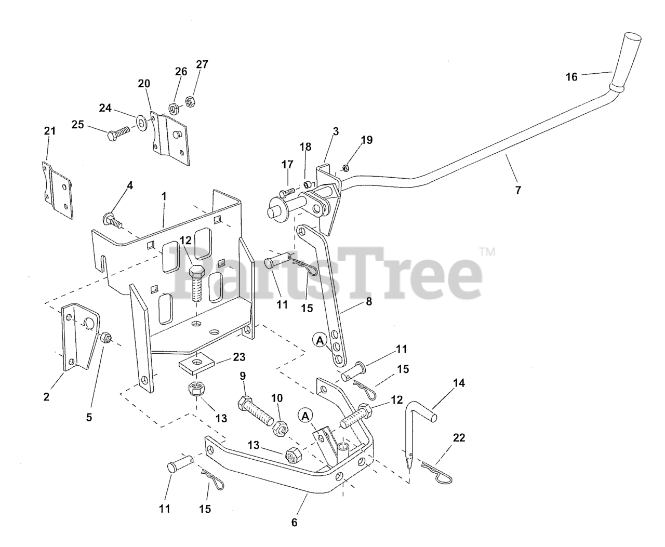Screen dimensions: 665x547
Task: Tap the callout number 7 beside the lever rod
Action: point(518,190)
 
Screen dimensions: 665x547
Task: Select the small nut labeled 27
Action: point(190,101)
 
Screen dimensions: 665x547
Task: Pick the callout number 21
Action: point(49,131)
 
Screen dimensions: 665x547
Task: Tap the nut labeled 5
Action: point(106,339)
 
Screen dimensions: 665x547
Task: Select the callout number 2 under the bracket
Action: point(46,397)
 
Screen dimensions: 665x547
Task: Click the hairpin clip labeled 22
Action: point(437,473)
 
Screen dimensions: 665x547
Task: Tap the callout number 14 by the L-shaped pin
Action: point(459,383)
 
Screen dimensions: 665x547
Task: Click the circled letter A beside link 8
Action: point(320,341)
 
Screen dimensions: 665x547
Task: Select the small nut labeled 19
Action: point(345,168)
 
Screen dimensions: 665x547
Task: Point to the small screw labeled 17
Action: point(287,192)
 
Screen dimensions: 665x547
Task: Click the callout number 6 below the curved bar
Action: point(294,522)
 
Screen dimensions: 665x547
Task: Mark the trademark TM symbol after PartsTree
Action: point(487,251)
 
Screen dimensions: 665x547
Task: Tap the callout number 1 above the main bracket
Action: point(164,196)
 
